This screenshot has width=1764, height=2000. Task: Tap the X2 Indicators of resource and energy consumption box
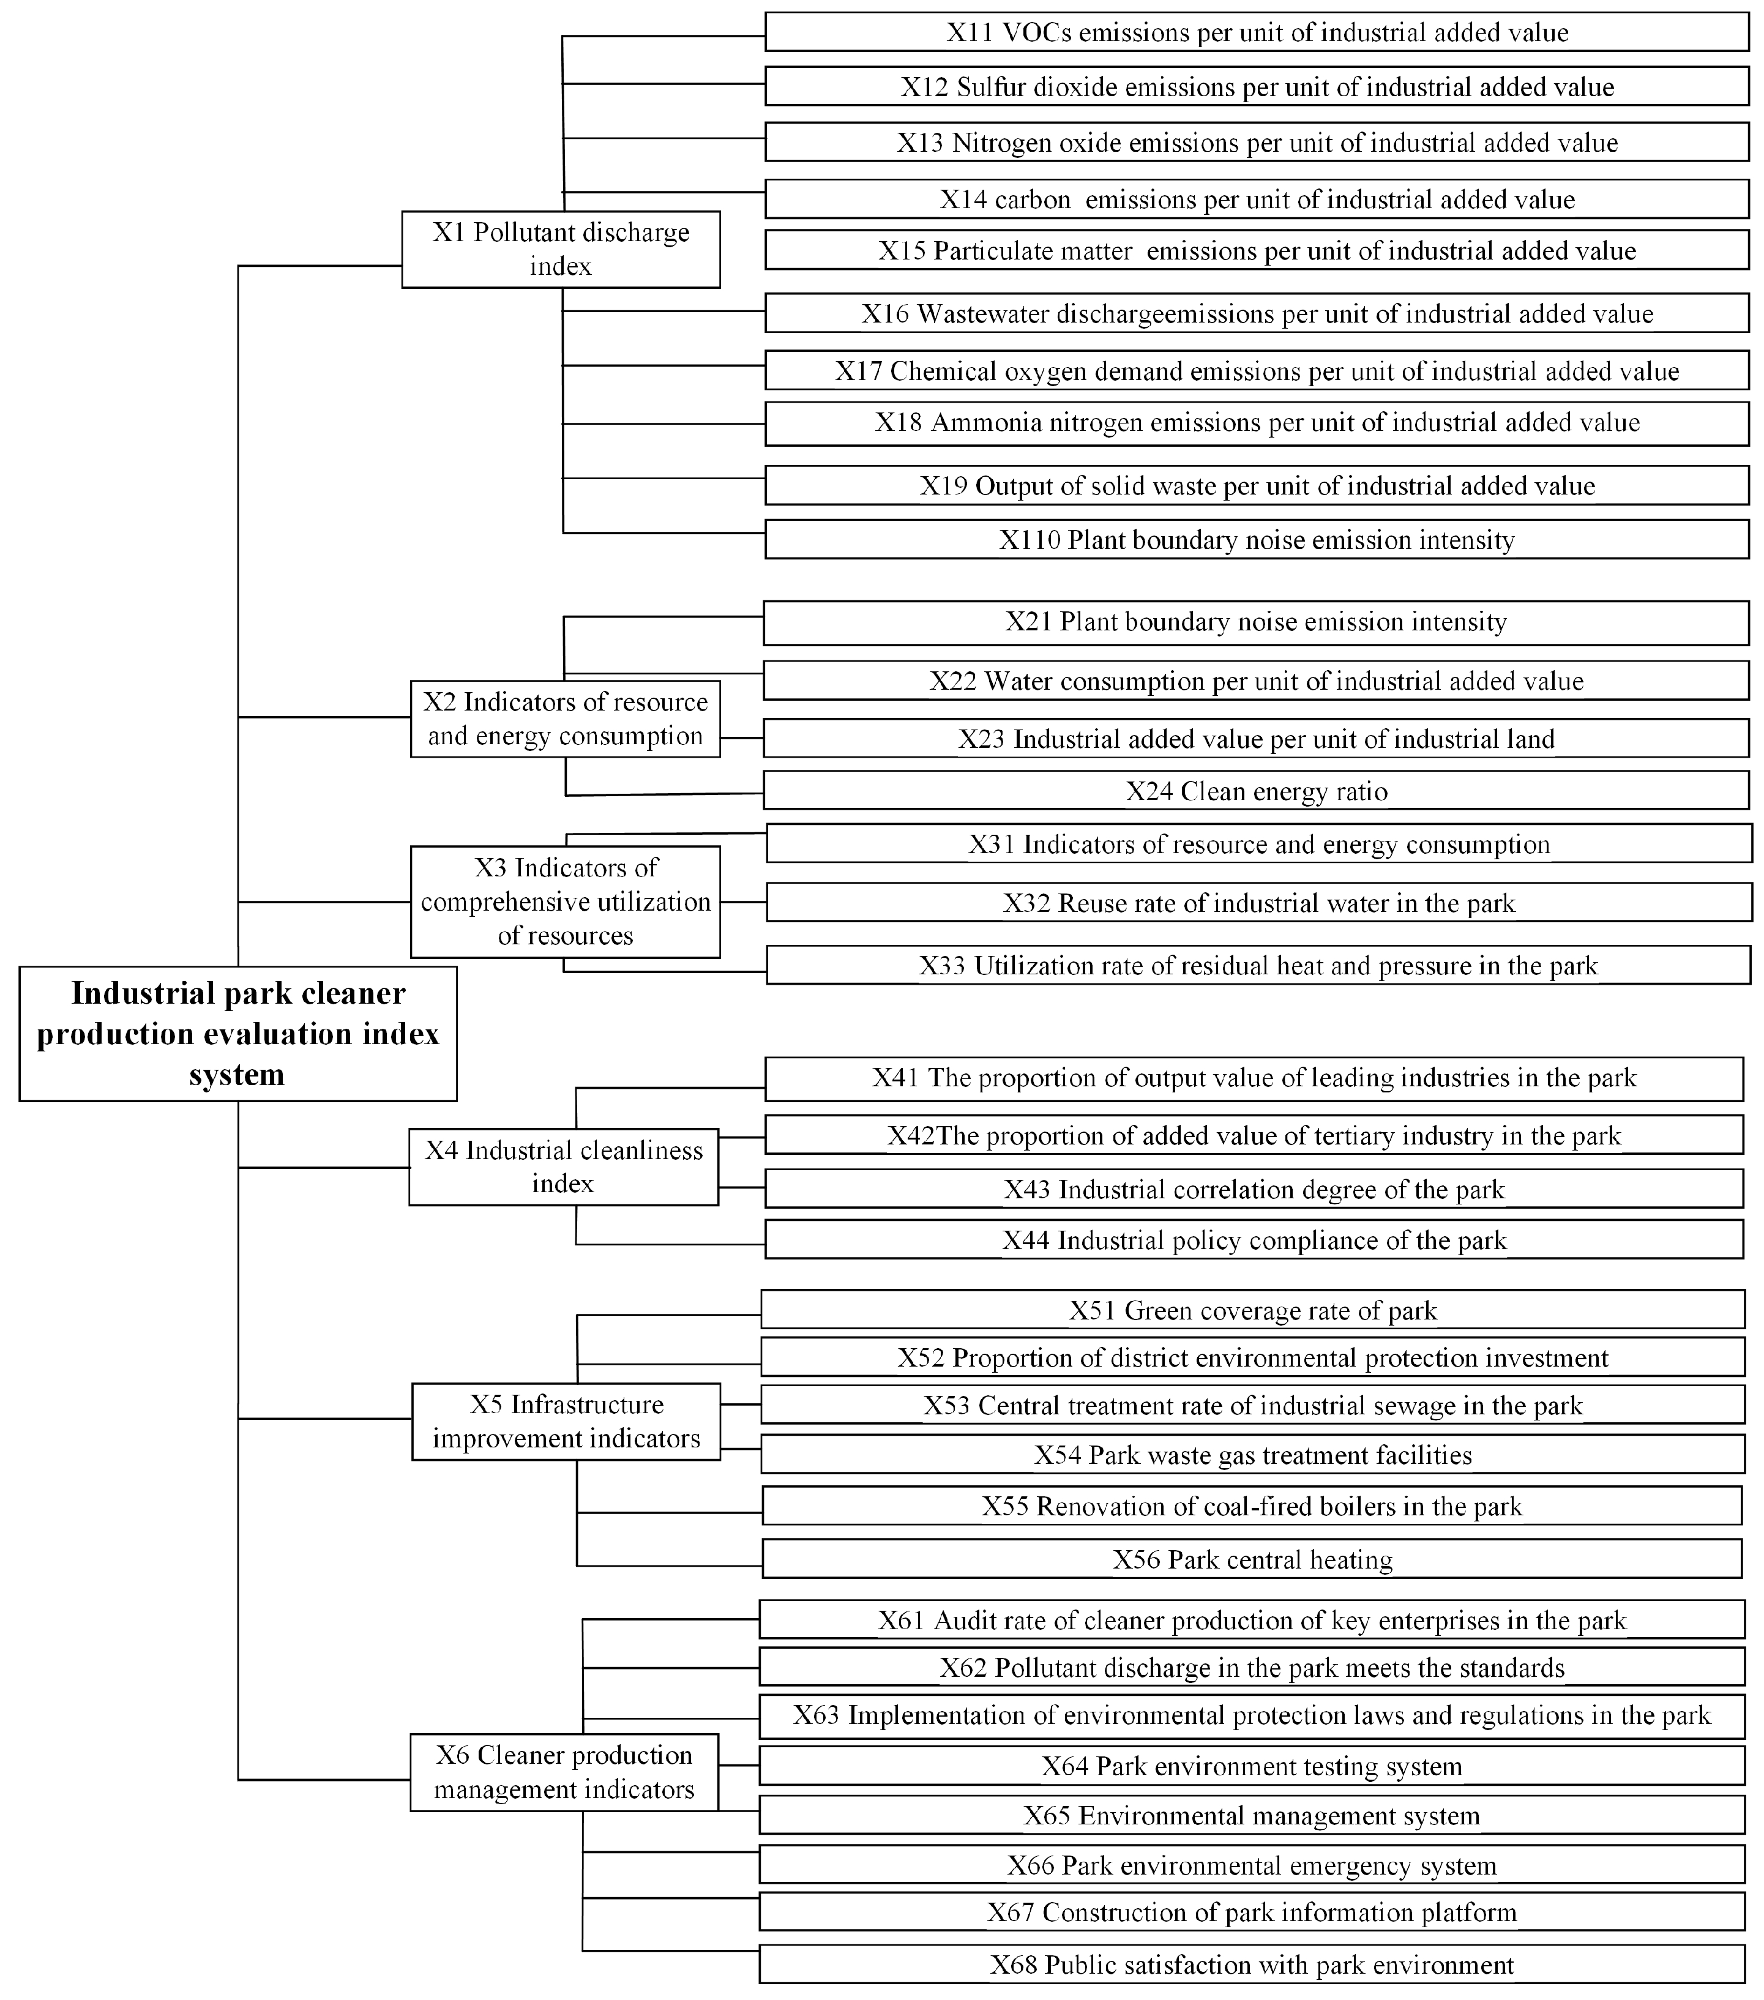[x=564, y=718]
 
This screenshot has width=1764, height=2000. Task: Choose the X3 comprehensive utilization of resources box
[x=564, y=901]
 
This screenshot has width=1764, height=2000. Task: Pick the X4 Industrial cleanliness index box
[x=564, y=1166]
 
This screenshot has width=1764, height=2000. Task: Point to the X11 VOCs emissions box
[x=1256, y=32]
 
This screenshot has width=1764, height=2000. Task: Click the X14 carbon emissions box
[x=1256, y=199]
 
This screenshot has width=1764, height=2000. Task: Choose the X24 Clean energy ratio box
[x=1256, y=791]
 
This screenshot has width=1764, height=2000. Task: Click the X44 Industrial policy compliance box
[x=1254, y=1240]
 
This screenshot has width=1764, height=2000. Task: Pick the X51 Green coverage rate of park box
[x=1252, y=1310]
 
